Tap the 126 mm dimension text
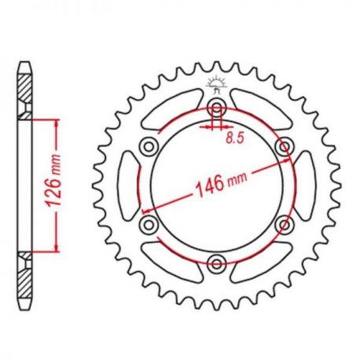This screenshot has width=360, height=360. pyautogui.click(x=53, y=181)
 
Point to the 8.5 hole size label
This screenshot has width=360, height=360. pyautogui.click(x=235, y=138)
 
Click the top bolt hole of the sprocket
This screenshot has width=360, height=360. pyautogui.click(x=217, y=108)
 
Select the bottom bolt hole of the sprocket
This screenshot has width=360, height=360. pyautogui.click(x=217, y=263)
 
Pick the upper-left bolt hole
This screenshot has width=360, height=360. pyautogui.click(x=149, y=146)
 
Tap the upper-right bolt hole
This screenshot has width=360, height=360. pyautogui.click(x=285, y=146)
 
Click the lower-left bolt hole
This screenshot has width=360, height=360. pyautogui.click(x=149, y=224)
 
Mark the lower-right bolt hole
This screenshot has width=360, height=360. pyautogui.click(x=285, y=224)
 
